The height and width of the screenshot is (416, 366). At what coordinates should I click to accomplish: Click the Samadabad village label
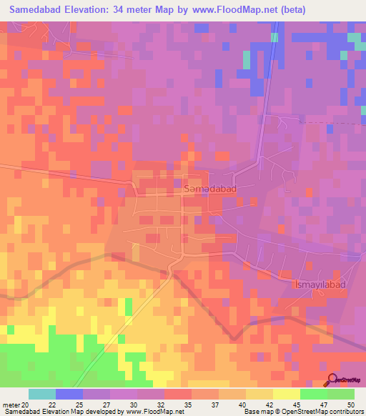tap(207, 189)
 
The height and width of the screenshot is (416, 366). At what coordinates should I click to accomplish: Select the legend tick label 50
tap(350, 404)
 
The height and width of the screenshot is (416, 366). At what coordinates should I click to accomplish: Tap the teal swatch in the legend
tap(42, 394)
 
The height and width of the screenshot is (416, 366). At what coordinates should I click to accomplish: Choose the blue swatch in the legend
tap(69, 394)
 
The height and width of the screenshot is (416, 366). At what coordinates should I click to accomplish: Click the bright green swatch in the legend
tap(313, 394)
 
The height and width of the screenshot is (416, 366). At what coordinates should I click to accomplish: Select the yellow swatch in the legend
tap(286, 394)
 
